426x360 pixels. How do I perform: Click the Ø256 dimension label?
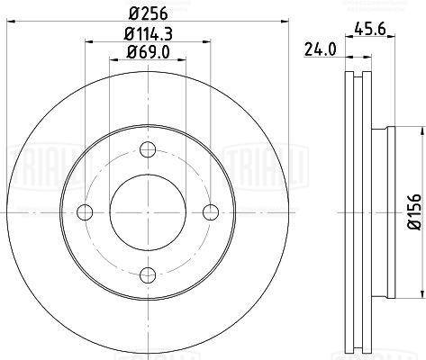[148, 13]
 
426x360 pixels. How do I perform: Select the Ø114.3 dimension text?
[148, 34]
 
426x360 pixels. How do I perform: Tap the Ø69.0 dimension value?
[148, 52]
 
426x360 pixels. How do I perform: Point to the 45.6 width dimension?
[370, 29]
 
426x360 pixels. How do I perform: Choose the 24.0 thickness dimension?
[321, 49]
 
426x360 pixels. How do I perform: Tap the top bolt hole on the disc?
[148, 149]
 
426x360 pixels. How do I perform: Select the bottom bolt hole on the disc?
[148, 275]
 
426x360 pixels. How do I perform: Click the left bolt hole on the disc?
[85, 212]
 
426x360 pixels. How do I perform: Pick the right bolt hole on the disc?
[211, 212]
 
